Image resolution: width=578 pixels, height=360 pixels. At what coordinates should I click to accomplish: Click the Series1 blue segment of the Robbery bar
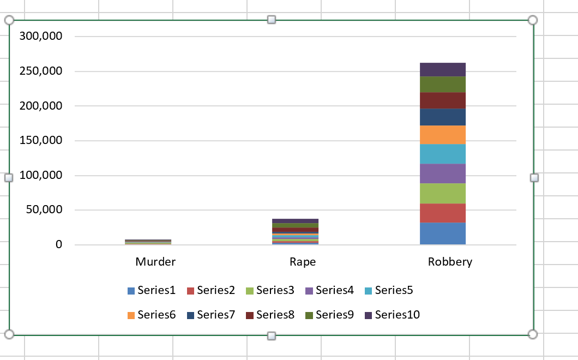(x=442, y=233)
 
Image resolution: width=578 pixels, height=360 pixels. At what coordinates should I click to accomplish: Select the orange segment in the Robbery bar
(x=442, y=135)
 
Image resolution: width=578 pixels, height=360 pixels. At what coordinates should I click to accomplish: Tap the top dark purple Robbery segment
(x=442, y=69)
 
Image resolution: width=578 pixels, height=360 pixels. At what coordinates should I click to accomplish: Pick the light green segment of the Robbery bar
(x=442, y=193)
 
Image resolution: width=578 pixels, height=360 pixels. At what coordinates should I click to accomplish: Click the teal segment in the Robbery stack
(x=442, y=154)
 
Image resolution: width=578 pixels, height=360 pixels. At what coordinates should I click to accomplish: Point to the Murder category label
(x=155, y=262)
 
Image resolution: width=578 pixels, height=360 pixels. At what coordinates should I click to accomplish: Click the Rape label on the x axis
(x=303, y=262)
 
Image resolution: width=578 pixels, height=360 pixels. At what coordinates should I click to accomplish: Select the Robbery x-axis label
(x=450, y=262)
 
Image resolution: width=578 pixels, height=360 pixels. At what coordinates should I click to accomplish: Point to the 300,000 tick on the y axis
(x=41, y=37)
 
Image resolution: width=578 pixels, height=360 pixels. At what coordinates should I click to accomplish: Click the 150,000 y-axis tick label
(x=41, y=141)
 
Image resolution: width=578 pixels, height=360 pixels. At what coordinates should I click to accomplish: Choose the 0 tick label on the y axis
(x=58, y=245)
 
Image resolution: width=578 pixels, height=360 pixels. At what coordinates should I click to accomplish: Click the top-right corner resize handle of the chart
(x=533, y=20)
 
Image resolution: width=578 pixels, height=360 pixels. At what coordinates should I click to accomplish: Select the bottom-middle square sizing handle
(x=272, y=335)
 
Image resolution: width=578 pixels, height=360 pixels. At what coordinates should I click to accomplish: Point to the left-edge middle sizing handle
(x=9, y=178)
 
